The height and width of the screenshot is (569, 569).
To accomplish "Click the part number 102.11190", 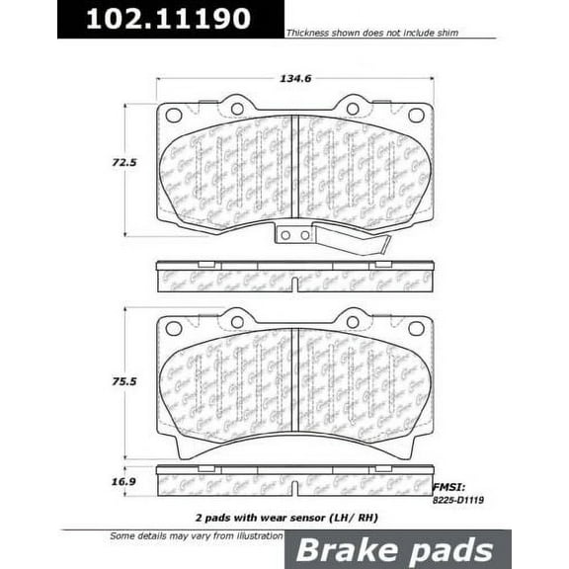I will (x=167, y=19).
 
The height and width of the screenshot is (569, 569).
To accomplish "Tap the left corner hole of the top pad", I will (x=174, y=115).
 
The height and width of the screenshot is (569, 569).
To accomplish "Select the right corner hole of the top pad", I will (x=416, y=115).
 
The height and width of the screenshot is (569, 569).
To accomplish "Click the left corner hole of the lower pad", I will (x=174, y=328).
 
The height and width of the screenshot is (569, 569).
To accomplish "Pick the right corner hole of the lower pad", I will (x=416, y=328).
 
